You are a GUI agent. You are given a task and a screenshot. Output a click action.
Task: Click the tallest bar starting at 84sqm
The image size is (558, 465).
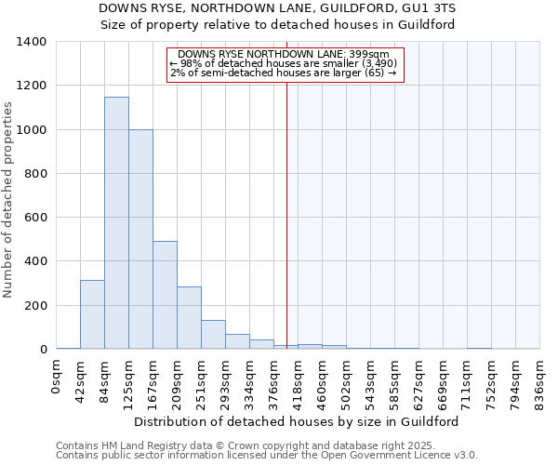click(x=116, y=223)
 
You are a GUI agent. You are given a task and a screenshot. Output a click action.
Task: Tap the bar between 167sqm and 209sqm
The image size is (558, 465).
click(x=165, y=295)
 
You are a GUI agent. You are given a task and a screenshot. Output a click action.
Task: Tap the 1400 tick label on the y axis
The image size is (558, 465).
click(x=31, y=42)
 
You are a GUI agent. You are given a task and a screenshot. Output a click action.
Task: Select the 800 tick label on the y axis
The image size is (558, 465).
click(x=34, y=174)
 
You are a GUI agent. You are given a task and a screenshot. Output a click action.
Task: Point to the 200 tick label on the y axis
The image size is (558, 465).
click(x=34, y=306)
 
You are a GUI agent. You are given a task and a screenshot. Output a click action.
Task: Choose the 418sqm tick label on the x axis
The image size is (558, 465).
click(x=299, y=379)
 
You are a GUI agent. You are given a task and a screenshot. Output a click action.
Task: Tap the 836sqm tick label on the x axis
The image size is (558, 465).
click(x=540, y=379)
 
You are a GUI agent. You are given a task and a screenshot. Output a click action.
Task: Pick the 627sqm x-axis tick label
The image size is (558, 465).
click(x=419, y=379)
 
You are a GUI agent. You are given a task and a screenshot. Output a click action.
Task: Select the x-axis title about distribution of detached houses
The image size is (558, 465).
click(x=297, y=421)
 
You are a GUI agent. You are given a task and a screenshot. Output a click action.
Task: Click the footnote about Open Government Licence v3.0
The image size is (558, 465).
click(x=267, y=456)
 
